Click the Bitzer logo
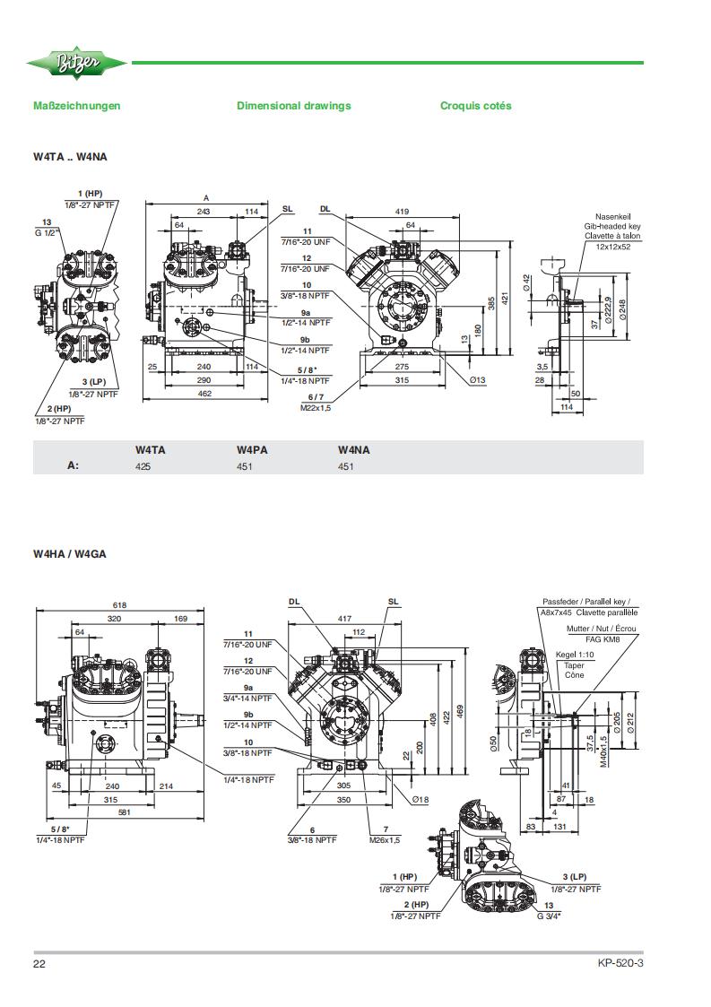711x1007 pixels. coord(76,63)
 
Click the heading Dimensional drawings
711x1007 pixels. coord(293,106)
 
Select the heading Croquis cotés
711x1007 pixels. coord(475,106)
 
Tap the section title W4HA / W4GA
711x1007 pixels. coord(69,554)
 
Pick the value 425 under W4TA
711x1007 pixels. coord(143,467)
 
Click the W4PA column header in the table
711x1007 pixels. coord(252,450)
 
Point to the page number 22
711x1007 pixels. coord(39,963)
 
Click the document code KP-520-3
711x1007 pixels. coord(620,963)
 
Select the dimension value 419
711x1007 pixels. coord(402,212)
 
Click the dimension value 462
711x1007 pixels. coord(204,394)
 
